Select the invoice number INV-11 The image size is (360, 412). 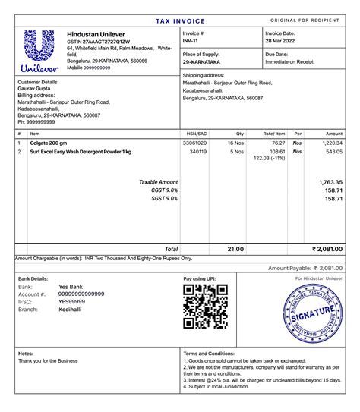click(192, 42)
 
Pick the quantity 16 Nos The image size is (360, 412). click(235, 143)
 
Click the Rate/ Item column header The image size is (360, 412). click(273, 134)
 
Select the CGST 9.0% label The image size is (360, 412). click(165, 190)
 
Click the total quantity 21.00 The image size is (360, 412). click(235, 249)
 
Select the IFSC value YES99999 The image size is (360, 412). click(71, 301)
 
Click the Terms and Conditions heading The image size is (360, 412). click(209, 354)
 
